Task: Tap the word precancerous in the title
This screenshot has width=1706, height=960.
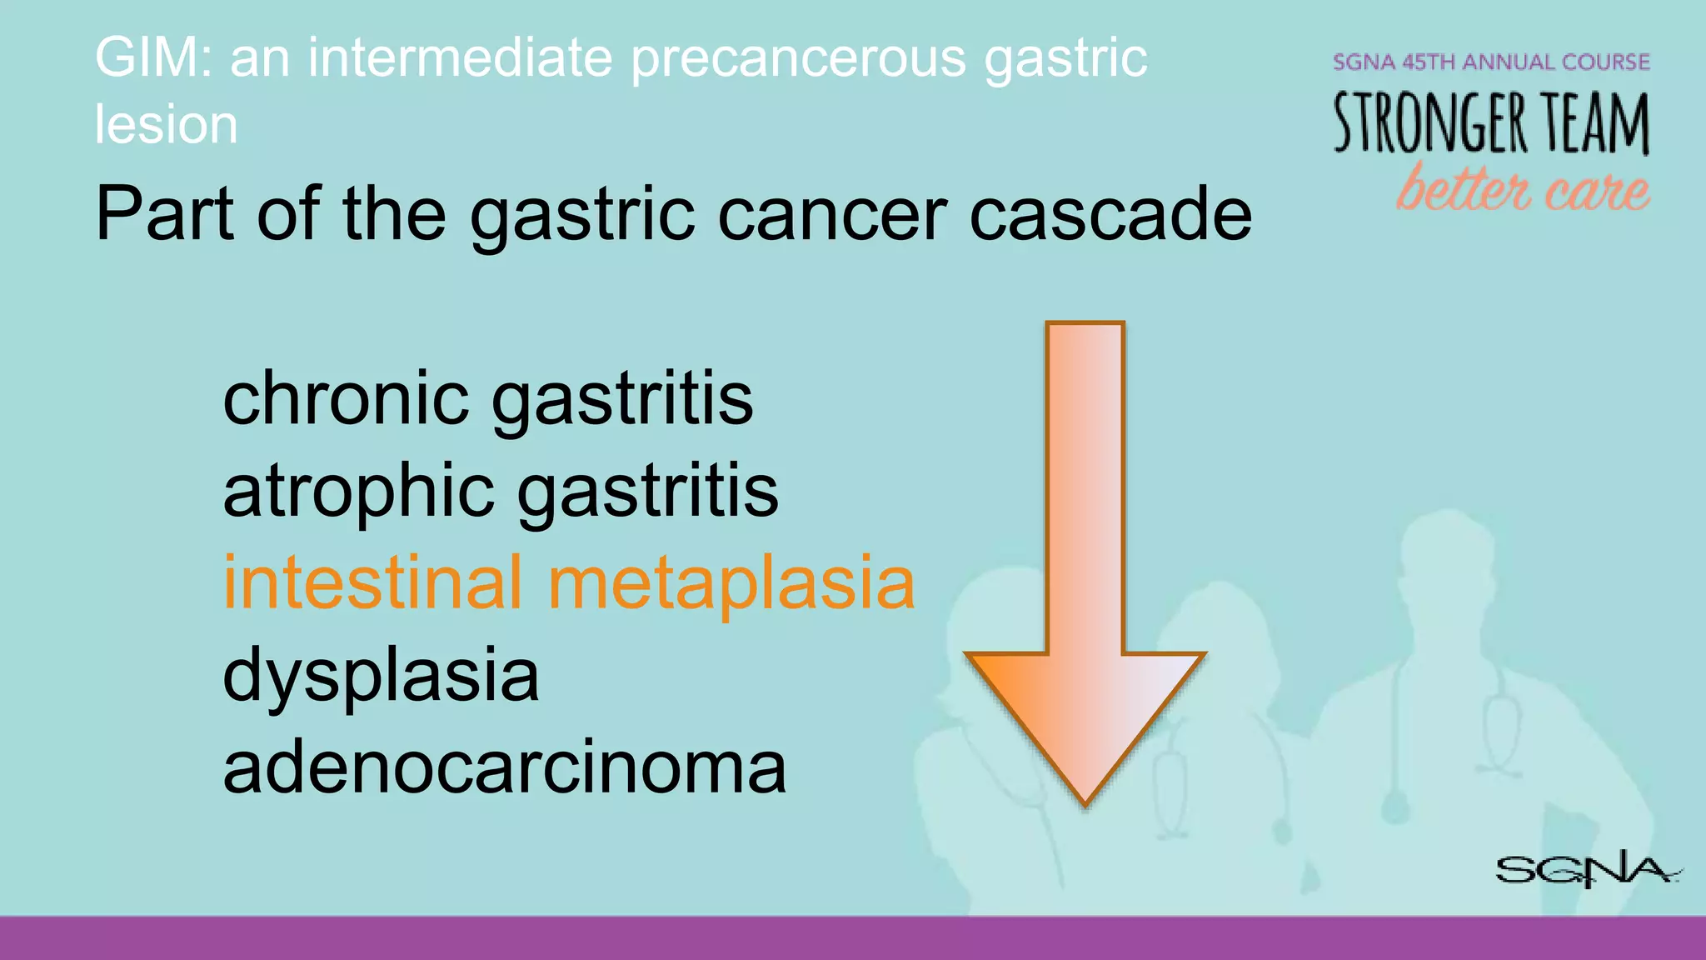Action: [798, 58]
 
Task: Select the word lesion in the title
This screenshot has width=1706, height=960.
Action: [166, 125]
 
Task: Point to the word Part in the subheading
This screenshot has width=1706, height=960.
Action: [164, 215]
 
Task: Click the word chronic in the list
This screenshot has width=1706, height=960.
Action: [346, 398]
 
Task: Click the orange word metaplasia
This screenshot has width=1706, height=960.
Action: [731, 583]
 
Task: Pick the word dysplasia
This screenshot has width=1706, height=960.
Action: [381, 675]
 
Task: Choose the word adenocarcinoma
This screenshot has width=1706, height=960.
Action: [504, 767]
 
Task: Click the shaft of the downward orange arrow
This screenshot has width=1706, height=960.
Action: [1085, 483]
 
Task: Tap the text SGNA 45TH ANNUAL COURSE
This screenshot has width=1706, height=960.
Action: [1490, 62]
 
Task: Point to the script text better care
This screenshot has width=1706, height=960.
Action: [1522, 188]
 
